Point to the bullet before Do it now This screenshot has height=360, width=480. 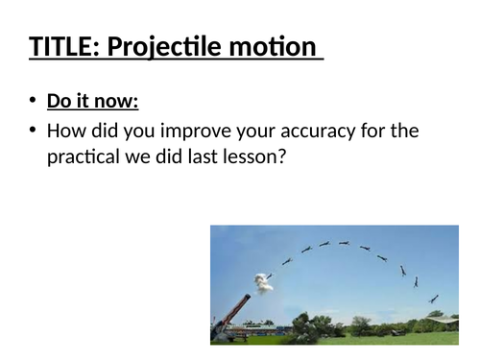point(34,103)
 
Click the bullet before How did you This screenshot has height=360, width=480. point(34,132)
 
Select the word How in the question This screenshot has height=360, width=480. point(65,132)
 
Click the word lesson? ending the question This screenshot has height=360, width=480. point(252,158)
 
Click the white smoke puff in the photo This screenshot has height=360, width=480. point(261,282)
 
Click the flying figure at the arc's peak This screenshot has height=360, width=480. point(344,243)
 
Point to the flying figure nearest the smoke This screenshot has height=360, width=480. point(270,275)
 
